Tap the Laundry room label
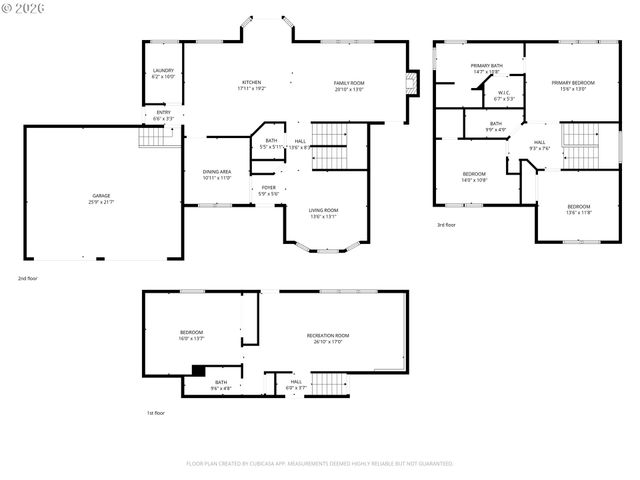click(163, 73)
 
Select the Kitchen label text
click(251, 85)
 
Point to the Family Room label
click(349, 85)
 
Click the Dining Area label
click(217, 174)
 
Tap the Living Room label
click(323, 212)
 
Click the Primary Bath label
click(487, 68)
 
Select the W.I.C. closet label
click(504, 96)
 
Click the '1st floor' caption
click(156, 412)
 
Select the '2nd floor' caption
click(28, 277)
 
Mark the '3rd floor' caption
click(447, 225)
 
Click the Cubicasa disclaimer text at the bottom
click(320, 463)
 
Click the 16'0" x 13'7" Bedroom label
click(191, 335)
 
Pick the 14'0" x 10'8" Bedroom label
click(474, 177)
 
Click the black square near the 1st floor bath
click(198, 370)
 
